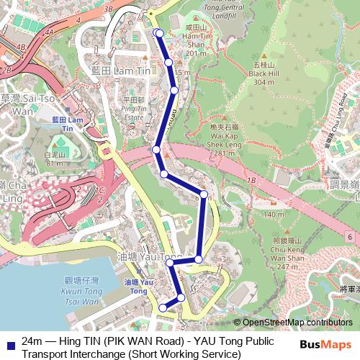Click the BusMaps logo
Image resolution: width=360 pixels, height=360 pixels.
[330, 343]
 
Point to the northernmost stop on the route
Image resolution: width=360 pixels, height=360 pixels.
[159, 32]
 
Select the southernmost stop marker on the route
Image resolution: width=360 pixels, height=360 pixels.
[163, 308]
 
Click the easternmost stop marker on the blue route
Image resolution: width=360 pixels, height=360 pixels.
[204, 194]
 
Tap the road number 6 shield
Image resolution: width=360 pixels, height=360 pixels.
[348, 236]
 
